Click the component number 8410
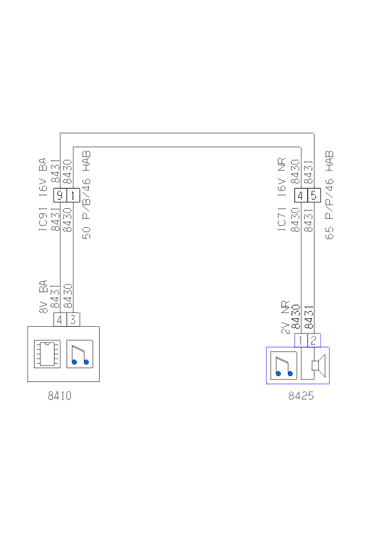click(59, 396)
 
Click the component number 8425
click(301, 396)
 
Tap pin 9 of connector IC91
click(60, 196)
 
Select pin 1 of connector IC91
click(72, 196)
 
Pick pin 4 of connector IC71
click(301, 196)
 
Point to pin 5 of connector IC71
click(314, 196)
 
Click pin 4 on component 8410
click(60, 319)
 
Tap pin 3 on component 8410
click(73, 319)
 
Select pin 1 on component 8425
click(301, 340)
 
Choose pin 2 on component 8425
click(314, 340)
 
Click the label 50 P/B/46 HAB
click(87, 195)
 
